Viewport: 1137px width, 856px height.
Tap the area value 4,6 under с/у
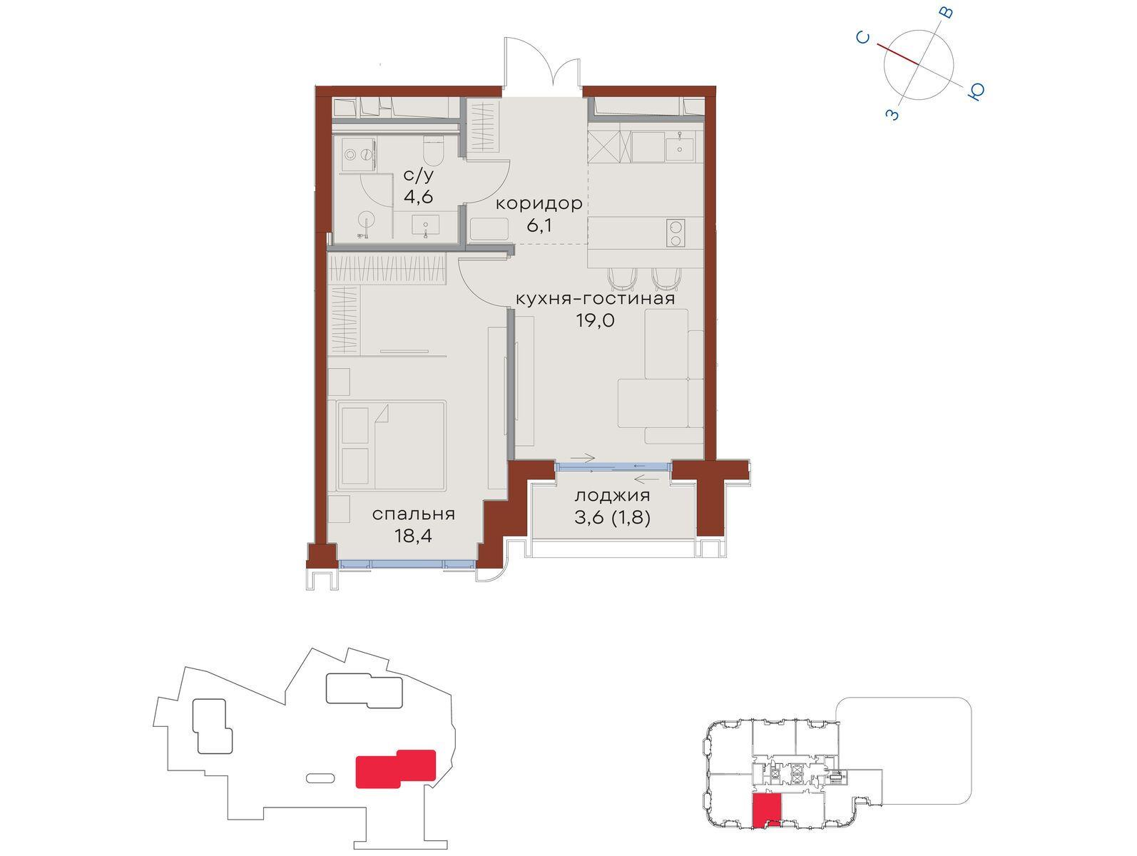pyautogui.click(x=419, y=197)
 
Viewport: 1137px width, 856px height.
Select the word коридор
pyautogui.click(x=539, y=204)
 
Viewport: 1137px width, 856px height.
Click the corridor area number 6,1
pyautogui.click(x=539, y=226)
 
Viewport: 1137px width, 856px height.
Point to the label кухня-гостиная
pyautogui.click(x=595, y=299)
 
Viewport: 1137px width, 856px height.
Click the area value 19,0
pyautogui.click(x=595, y=320)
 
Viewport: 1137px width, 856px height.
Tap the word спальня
pyautogui.click(x=414, y=514)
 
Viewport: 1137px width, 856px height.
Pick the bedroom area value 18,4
pyautogui.click(x=414, y=536)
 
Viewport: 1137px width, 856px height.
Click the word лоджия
pyautogui.click(x=612, y=496)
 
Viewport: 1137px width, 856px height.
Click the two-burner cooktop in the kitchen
pyautogui.click(x=675, y=233)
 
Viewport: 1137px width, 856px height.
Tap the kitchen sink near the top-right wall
pyautogui.click(x=680, y=146)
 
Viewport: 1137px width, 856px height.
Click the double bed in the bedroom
pyautogui.click(x=391, y=445)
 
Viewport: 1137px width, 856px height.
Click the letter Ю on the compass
pyautogui.click(x=976, y=91)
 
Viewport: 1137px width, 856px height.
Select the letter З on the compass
pyautogui.click(x=893, y=114)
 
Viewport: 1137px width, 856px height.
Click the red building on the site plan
pyautogui.click(x=396, y=768)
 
